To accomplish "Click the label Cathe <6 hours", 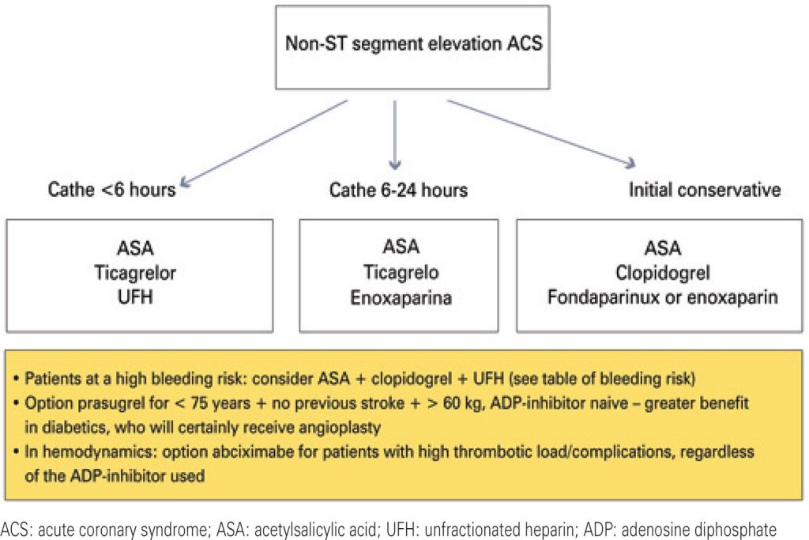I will pos(112,190).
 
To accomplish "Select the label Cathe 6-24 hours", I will pos(398,190).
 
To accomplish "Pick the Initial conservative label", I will pos(705,190).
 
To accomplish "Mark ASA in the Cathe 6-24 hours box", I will pos(400,248).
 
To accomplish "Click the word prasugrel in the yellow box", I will pos(107,402).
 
